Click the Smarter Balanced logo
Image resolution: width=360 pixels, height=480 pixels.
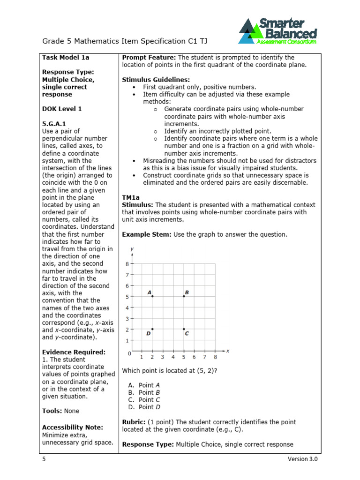coord(277,31)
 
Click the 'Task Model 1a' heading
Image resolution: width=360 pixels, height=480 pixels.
coord(66,58)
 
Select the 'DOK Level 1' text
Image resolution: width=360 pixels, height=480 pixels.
coord(62,109)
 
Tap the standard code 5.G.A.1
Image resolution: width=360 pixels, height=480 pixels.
coord(53,124)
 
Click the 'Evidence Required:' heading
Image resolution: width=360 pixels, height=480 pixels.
coord(74,352)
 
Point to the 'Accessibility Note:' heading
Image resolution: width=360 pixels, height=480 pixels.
coord(73,427)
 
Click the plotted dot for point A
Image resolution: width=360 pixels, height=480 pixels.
coord(152,296)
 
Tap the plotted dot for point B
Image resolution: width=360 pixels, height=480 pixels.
coord(184,296)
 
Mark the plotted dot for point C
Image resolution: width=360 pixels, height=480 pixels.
coord(184,329)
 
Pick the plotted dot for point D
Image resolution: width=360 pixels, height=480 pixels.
coord(152,329)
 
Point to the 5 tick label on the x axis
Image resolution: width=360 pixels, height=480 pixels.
coord(184,357)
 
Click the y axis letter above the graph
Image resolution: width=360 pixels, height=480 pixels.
coord(132,248)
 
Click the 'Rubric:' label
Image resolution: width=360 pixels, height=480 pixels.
coord(134,422)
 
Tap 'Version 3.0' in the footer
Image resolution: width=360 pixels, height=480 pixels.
coord(302,459)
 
